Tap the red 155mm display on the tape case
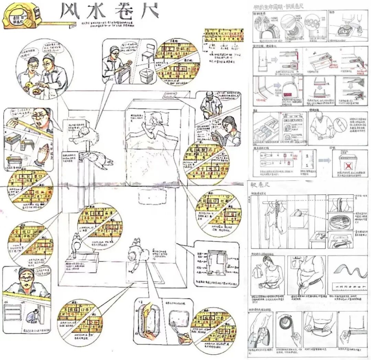pyautogui.click(x=287, y=94)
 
